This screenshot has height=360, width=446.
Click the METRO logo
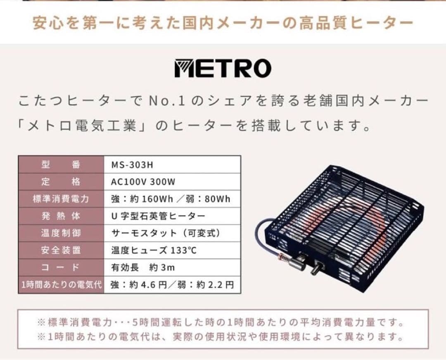coord(223,69)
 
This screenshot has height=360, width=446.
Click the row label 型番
coord(61,165)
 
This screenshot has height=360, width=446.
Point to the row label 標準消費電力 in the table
coord(61,199)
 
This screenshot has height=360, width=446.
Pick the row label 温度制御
coord(61,233)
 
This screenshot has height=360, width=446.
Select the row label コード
coord(61,268)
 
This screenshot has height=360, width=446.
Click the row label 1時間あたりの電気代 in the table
coord(61,285)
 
